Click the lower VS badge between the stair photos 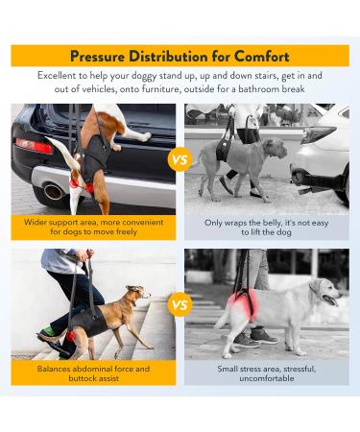point(180,306)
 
